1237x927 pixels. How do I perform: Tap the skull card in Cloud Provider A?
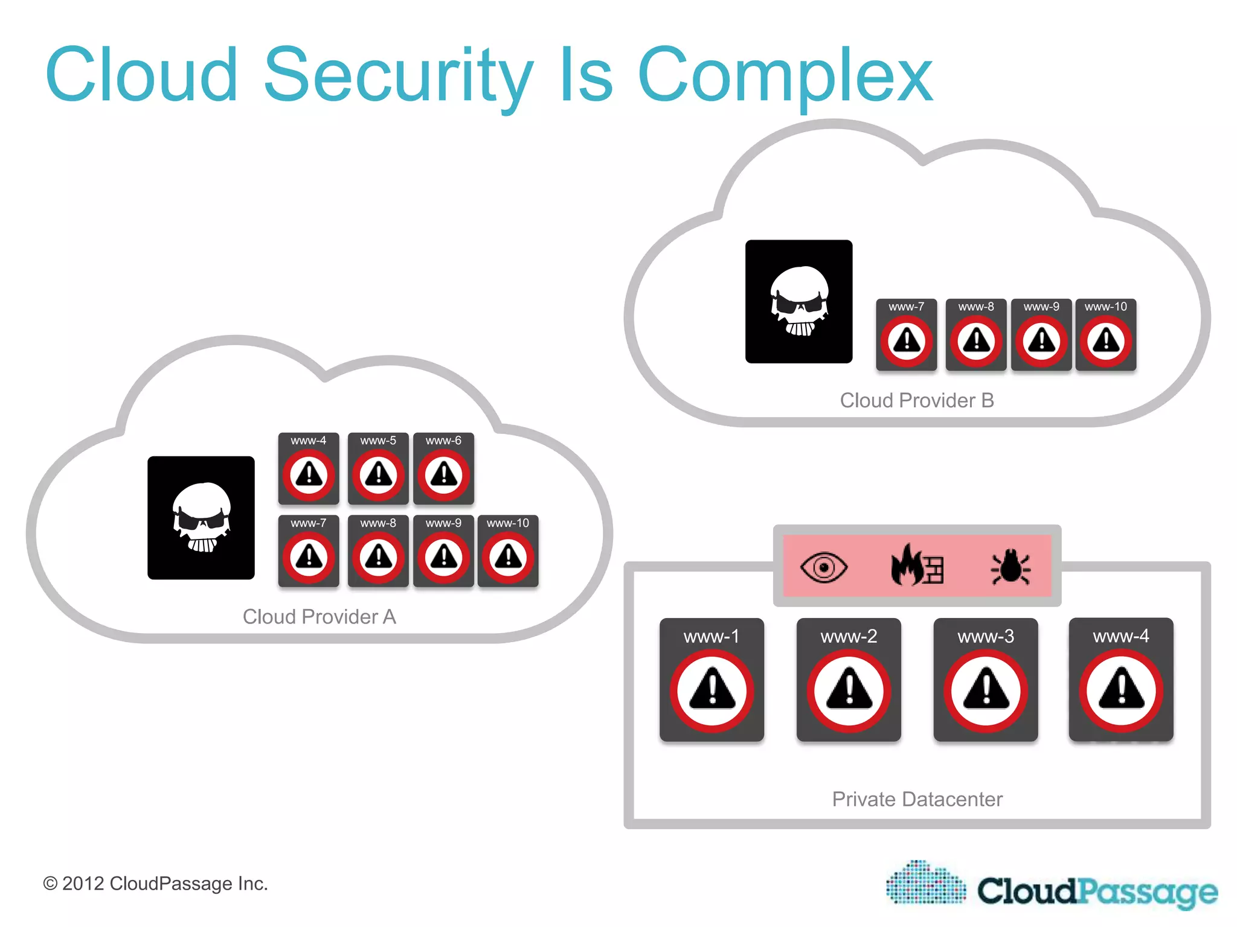[201, 518]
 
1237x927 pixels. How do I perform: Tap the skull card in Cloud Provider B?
[798, 302]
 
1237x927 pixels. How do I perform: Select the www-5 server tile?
[378, 468]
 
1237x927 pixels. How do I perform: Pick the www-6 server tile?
[443, 468]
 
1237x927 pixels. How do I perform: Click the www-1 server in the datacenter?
[712, 680]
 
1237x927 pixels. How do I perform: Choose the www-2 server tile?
[849, 680]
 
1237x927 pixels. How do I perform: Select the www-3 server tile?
[986, 680]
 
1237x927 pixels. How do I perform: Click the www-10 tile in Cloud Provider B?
[1106, 334]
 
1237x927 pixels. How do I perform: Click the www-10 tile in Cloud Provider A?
[508, 550]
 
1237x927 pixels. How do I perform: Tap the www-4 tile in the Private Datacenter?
[1121, 680]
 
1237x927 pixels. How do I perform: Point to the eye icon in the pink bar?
[823, 567]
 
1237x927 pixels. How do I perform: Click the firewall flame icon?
[916, 565]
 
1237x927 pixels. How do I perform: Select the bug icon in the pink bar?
[1010, 566]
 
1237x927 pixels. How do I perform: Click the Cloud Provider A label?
[319, 617]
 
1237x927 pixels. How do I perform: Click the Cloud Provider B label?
[916, 400]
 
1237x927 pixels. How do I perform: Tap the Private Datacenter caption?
[917, 799]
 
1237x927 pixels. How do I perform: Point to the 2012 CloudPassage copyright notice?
[155, 884]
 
